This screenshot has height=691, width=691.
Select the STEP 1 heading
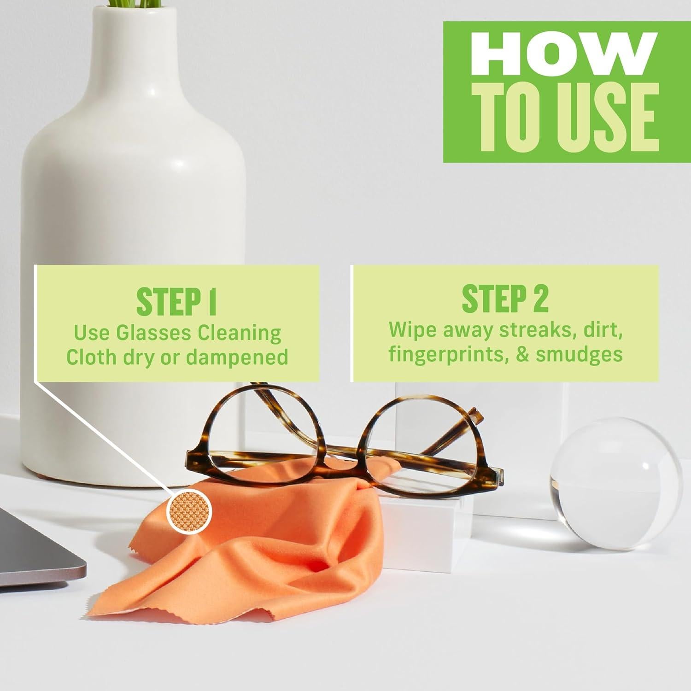pos(176,301)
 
